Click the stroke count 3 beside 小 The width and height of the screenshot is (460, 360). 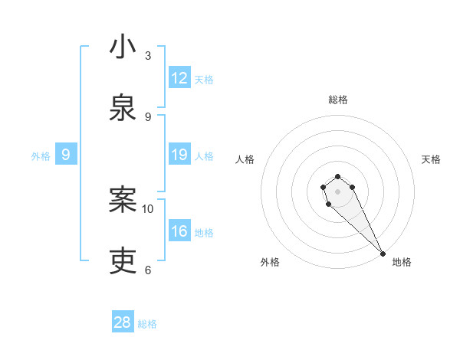(148, 56)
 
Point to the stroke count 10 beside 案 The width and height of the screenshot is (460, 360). (148, 208)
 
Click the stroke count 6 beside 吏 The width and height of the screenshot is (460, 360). (148, 270)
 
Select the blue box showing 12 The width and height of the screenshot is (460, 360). (179, 78)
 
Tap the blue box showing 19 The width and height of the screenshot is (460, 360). (179, 155)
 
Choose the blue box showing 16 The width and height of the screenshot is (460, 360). (179, 231)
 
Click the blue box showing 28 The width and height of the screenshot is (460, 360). (123, 322)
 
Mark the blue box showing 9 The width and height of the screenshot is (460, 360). (66, 155)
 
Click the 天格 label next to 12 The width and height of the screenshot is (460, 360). (204, 80)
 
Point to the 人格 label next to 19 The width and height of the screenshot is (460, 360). (204, 156)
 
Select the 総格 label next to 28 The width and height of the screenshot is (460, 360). (147, 324)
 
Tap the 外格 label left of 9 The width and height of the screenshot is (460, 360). (41, 156)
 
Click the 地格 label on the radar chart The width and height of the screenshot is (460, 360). (402, 262)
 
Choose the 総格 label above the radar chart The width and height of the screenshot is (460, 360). (338, 100)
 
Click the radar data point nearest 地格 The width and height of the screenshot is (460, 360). (383, 254)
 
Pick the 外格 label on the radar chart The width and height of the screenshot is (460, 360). (270, 262)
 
